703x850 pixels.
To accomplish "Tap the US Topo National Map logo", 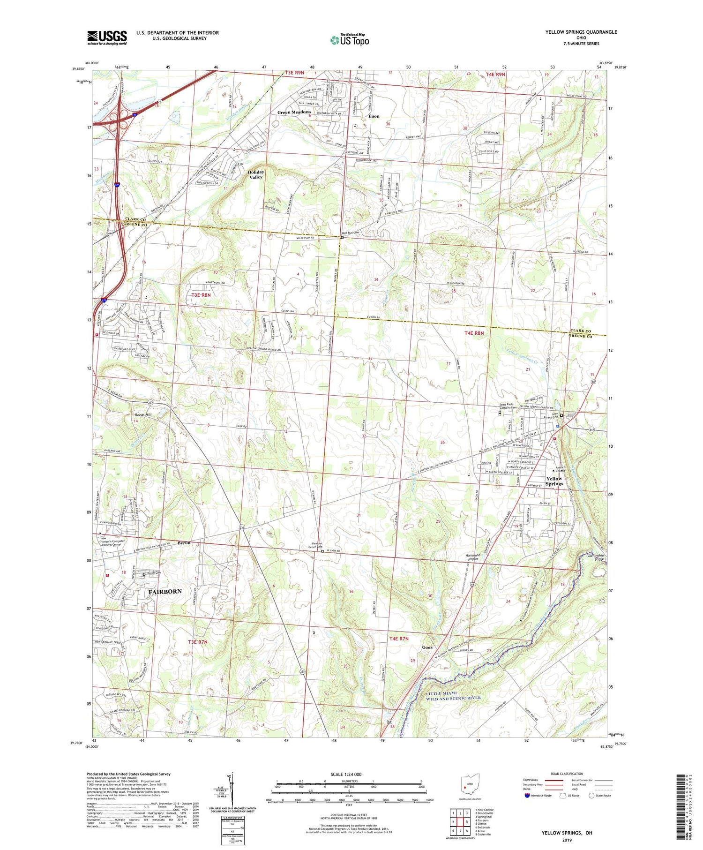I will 349,40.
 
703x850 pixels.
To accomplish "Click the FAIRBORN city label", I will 165,592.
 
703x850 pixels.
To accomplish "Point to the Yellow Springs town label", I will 554,481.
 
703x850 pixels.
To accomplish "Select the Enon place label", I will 374,116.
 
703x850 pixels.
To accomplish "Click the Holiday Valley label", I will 256,174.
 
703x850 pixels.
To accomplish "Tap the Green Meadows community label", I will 294,112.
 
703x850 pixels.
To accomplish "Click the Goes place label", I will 426,647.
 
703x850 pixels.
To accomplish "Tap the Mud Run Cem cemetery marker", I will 342,237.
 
